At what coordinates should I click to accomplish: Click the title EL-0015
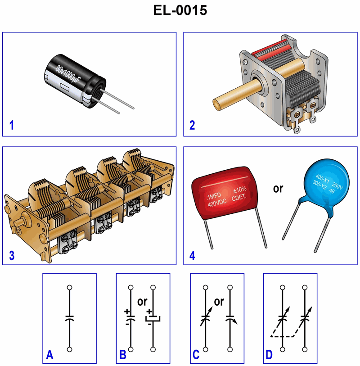pos(180,10)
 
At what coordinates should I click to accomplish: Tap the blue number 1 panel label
pos(11,125)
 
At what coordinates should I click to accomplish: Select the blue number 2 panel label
pos(192,125)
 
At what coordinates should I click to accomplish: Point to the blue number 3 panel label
pos(12,255)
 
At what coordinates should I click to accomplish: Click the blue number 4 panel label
pos(192,256)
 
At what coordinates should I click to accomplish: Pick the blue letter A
pos(49,355)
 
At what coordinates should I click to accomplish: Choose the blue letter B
pos(123,355)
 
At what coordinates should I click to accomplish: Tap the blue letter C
pos(196,355)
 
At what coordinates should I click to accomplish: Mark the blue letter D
pos(269,355)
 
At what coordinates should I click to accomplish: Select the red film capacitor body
pos(224,193)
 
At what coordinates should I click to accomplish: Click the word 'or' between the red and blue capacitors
pos(278,189)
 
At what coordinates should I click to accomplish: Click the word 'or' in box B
pos(142,302)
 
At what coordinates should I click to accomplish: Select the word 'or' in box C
pos(219,302)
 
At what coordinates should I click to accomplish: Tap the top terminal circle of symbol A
pos(70,287)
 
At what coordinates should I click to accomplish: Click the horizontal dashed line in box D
pos(282,336)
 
